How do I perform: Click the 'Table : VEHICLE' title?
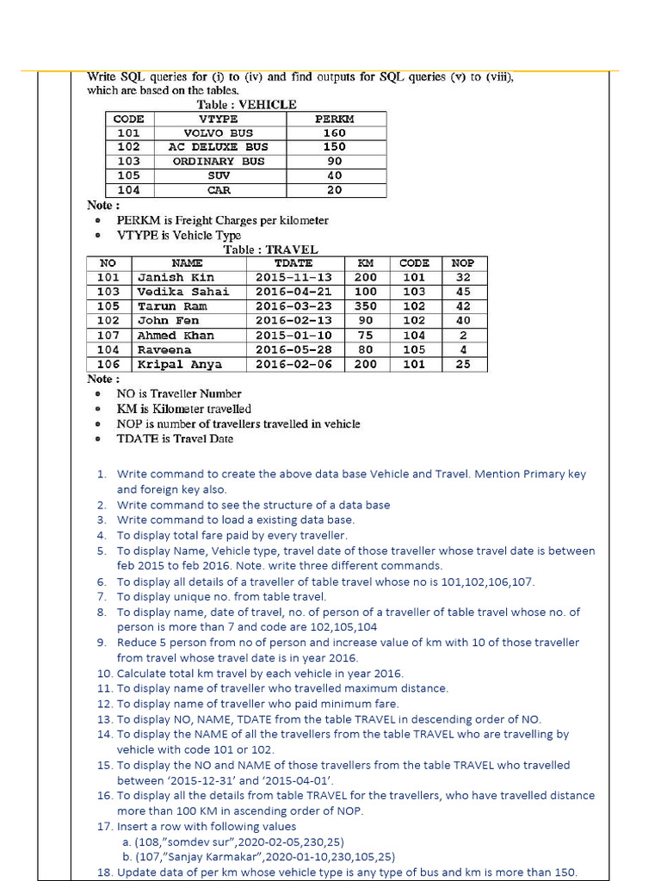pos(246,104)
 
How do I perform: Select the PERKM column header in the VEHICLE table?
pos(334,119)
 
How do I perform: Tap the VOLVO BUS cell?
pos(218,133)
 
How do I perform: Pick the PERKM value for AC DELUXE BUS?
pos(334,147)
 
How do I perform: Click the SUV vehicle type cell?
pos(218,176)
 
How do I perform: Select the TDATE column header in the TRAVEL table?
pos(293,262)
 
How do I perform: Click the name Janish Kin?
pos(176,277)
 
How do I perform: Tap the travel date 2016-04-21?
pos(293,292)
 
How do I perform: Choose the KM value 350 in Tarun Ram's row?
pos(366,306)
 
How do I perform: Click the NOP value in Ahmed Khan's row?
pos(463,336)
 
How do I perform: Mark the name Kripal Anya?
pos(179,365)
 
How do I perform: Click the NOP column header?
pos(463,262)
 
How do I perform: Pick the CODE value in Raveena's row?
pos(414,350)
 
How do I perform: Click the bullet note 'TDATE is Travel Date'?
pos(175,439)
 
